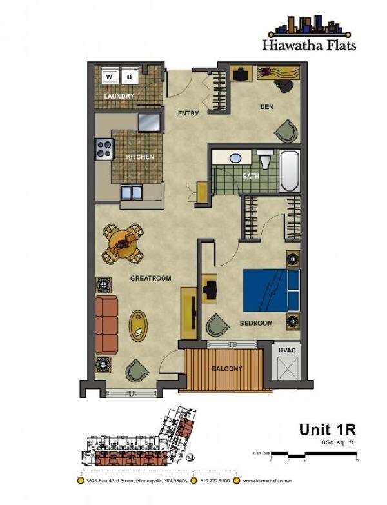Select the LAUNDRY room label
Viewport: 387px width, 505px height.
(119, 97)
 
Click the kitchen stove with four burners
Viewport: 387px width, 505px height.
(104, 149)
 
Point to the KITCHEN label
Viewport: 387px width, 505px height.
(139, 157)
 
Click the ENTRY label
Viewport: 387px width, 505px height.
(189, 114)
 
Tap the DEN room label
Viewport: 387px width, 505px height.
(268, 107)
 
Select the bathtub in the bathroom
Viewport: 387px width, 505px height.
(290, 170)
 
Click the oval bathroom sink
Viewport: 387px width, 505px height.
(235, 157)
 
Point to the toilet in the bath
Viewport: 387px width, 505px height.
(264, 159)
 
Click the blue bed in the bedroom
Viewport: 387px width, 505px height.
(271, 289)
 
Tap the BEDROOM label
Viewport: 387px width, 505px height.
(256, 323)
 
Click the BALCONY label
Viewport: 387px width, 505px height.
(226, 369)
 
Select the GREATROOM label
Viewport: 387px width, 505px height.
(150, 279)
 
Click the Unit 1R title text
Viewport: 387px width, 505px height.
(328, 429)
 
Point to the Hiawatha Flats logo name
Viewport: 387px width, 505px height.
(309, 45)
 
